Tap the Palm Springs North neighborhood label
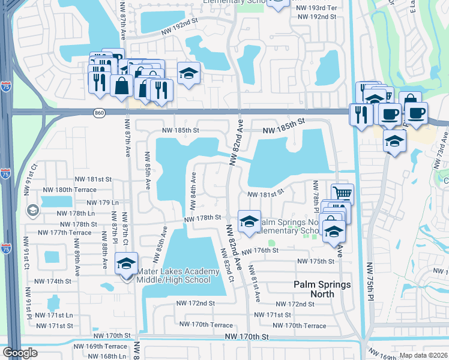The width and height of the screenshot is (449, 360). (x=322, y=284)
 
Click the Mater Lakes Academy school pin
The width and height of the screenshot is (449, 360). (x=127, y=265)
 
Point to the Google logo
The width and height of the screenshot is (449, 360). (x=20, y=353)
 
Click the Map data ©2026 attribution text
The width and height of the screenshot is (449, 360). (x=423, y=355)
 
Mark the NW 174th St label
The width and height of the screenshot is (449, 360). (x=52, y=281)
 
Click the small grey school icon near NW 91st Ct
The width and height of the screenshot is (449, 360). (x=32, y=210)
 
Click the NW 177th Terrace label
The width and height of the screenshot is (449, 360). (x=64, y=233)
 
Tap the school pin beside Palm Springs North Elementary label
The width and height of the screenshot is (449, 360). (x=249, y=221)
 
